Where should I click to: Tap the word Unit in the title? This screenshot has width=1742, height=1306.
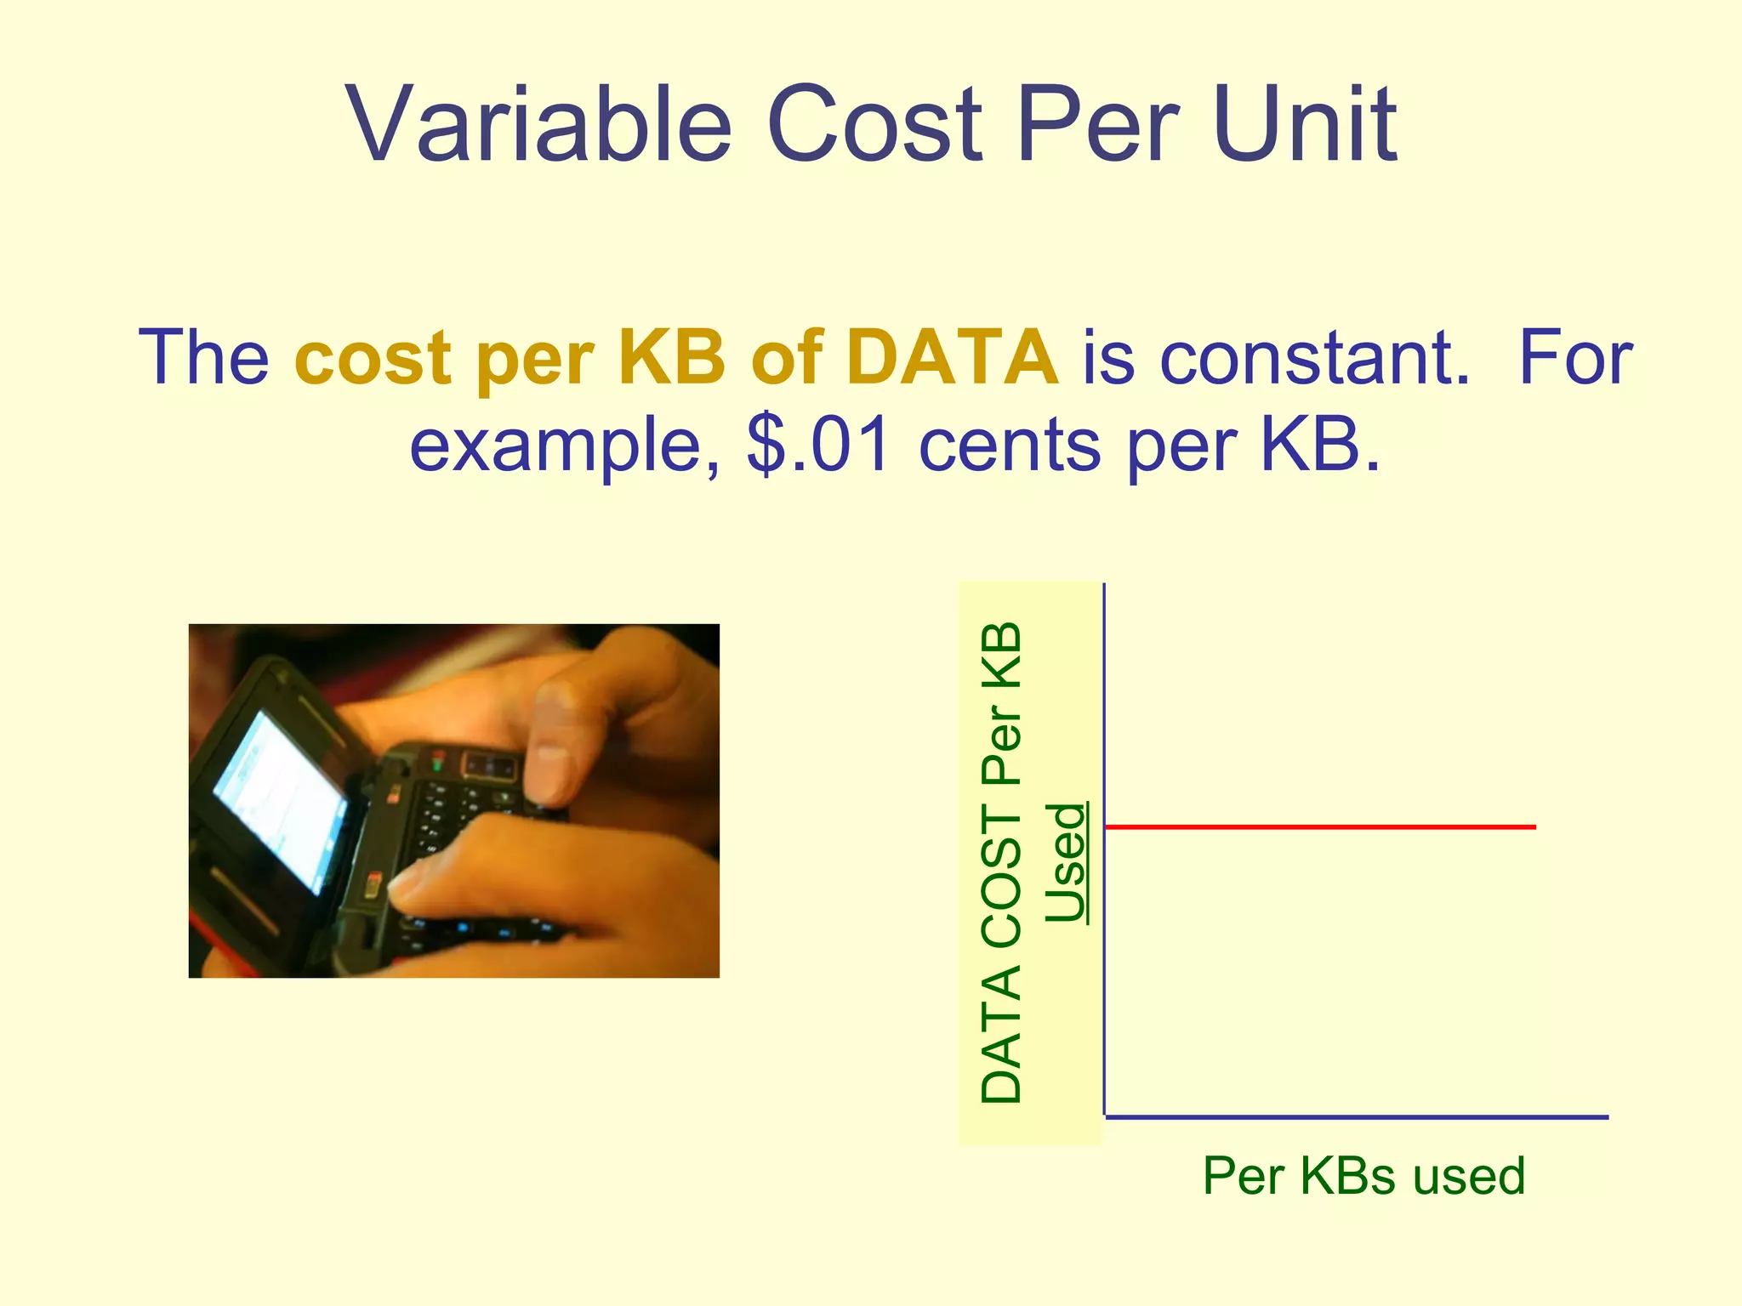click(x=1305, y=126)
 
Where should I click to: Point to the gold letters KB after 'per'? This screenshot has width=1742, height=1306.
click(x=671, y=357)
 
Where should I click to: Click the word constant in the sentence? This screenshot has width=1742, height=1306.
click(x=1315, y=357)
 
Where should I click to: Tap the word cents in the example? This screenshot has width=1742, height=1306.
click(x=1009, y=446)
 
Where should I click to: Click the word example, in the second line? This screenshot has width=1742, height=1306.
click(x=565, y=447)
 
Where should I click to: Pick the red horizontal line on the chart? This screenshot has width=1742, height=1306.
click(x=1318, y=826)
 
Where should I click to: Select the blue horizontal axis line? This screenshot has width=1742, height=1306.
click(x=1357, y=1116)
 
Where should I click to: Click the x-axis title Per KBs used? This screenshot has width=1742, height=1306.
click(x=1363, y=1176)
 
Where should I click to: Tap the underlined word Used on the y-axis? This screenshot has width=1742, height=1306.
click(x=1067, y=862)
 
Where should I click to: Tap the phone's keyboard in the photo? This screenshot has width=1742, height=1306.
click(x=451, y=842)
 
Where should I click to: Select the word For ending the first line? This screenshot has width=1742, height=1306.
click(x=1574, y=357)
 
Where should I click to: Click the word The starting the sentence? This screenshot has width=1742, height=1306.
click(x=203, y=357)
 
